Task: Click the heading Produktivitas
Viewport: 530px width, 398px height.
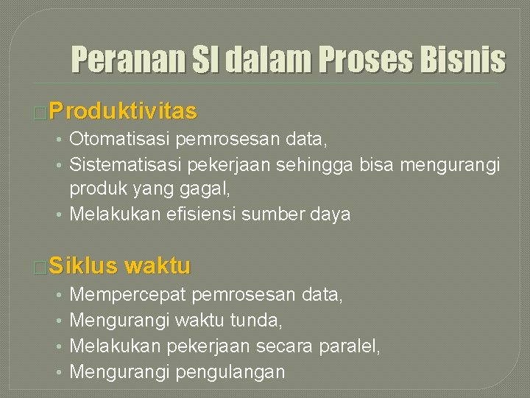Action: [x=124, y=111]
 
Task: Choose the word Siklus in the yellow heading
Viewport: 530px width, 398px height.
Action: [x=84, y=265]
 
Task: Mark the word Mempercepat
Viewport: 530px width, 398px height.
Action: [x=127, y=295]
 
